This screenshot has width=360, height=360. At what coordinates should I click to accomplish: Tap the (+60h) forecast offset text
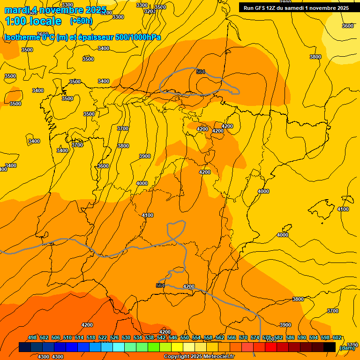coord(81,21)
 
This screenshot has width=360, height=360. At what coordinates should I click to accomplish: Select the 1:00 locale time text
coord(33,21)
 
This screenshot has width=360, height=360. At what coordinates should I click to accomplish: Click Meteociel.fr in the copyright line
coord(218,357)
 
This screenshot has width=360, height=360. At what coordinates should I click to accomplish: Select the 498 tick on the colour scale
coord(32,337)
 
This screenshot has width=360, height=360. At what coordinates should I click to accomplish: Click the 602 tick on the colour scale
coord(337,337)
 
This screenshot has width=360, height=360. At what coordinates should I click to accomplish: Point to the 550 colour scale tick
coord(185,337)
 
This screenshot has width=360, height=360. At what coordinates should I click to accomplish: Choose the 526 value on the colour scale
coord(114,337)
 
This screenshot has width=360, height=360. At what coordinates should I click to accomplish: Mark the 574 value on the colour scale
coord(255,337)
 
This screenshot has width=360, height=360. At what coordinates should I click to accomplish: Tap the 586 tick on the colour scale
coord(290,337)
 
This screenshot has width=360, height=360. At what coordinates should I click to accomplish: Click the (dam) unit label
coord(347,347)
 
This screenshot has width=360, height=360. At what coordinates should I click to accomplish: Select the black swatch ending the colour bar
coord(330,347)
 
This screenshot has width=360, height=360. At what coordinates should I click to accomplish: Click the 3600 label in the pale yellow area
coord(347,26)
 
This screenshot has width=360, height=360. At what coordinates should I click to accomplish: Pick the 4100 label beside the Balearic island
coord(343,209)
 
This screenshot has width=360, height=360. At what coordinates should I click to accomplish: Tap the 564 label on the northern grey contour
coord(201,72)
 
